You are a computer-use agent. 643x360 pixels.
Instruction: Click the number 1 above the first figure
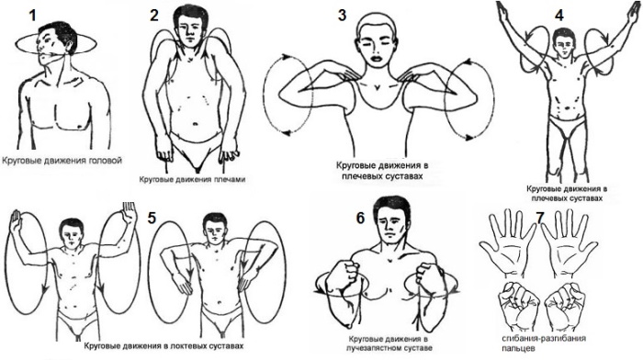[x=32, y=16]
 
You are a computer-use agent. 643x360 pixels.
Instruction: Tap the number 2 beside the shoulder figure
[x=154, y=16]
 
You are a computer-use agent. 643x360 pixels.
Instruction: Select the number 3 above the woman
[x=342, y=16]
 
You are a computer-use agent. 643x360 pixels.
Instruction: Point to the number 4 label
[x=558, y=16]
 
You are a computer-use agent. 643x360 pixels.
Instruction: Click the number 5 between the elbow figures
[x=152, y=218]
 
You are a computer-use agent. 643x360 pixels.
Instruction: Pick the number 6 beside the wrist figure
[x=360, y=219]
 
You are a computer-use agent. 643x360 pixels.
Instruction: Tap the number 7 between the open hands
[x=540, y=219]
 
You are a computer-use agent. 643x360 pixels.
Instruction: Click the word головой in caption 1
[x=106, y=161]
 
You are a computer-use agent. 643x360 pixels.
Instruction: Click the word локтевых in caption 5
[x=180, y=345]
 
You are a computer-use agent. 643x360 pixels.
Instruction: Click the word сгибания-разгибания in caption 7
[x=544, y=338]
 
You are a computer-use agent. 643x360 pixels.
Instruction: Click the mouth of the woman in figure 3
[x=376, y=58]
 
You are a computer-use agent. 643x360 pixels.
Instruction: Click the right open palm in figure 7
[x=568, y=242]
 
